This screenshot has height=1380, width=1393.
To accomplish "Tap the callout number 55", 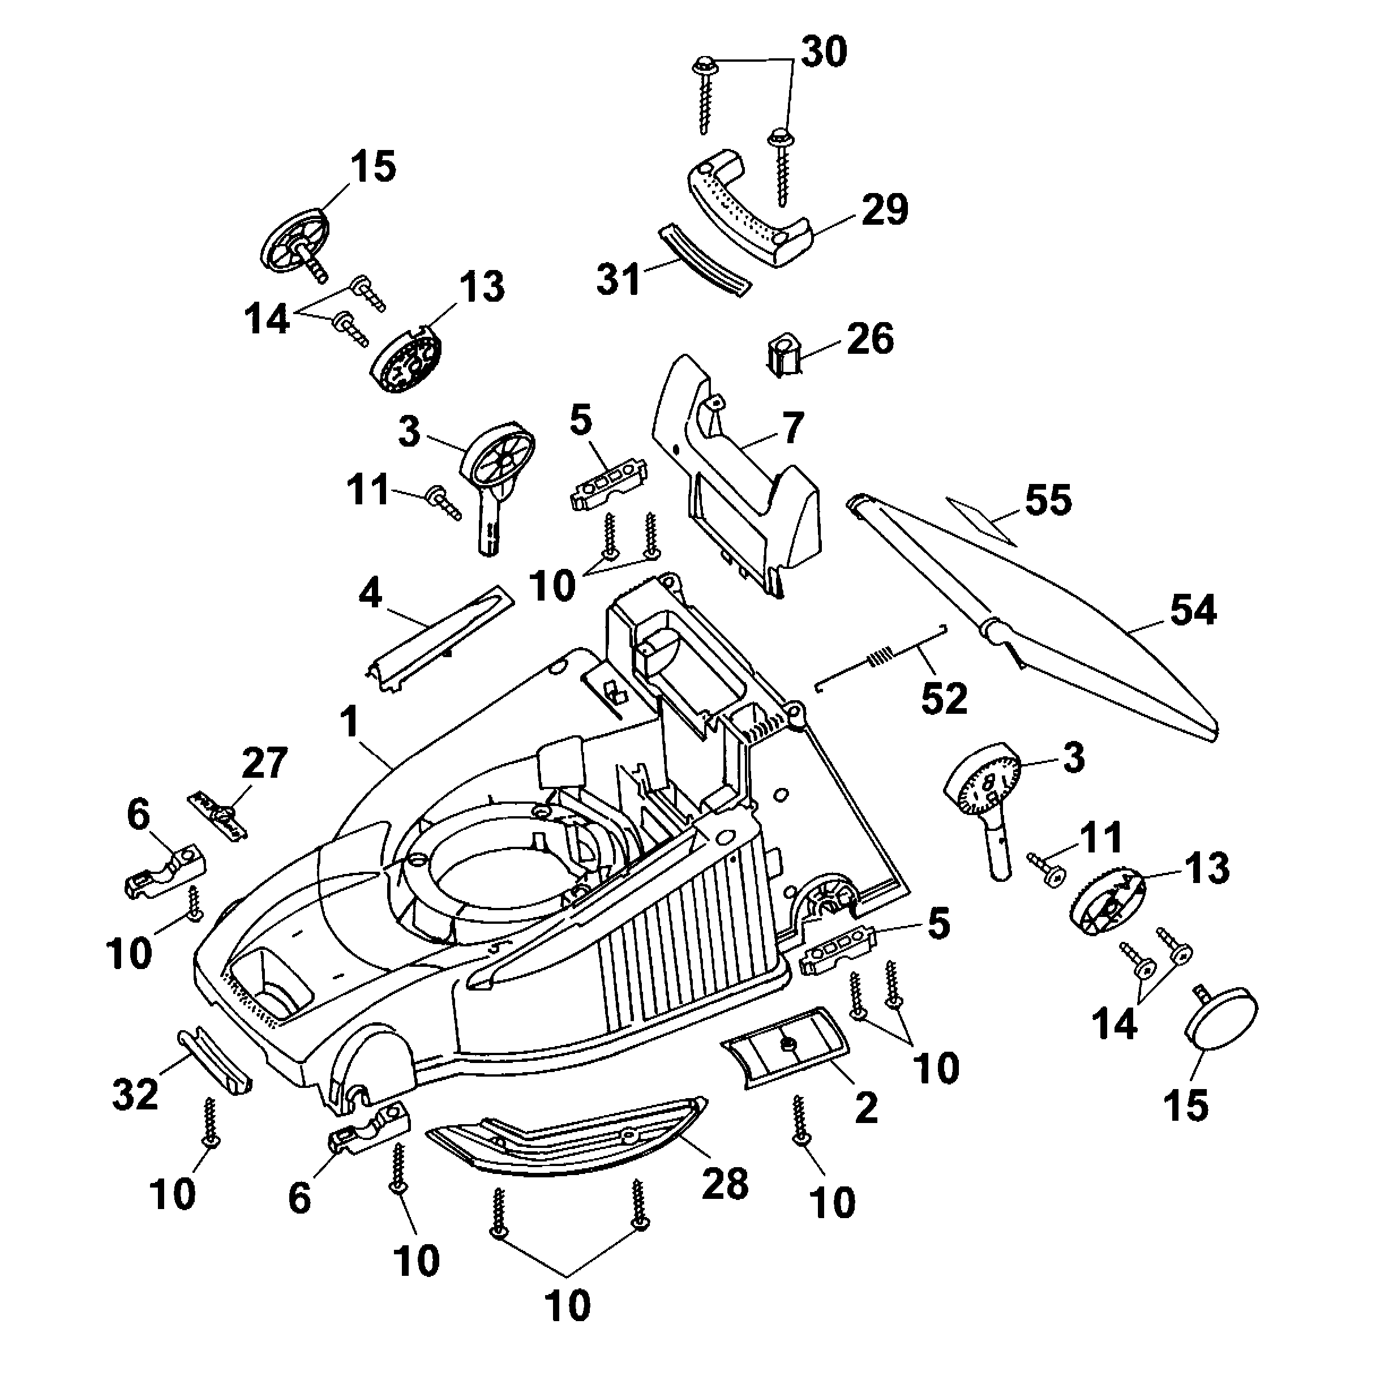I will pyautogui.click(x=1048, y=500).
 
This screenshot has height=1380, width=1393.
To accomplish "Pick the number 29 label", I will pyautogui.click(x=885, y=210).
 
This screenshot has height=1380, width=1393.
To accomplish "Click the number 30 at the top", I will pyautogui.click(x=824, y=52).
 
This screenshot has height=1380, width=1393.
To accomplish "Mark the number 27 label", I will pyautogui.click(x=264, y=763).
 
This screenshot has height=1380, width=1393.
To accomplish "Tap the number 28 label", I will pyautogui.click(x=725, y=1183).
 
